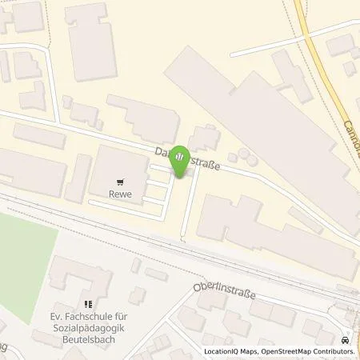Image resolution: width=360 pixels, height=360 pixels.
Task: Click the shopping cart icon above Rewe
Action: tap(122, 182)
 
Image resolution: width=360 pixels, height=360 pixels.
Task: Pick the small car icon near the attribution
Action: tap(346, 339)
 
